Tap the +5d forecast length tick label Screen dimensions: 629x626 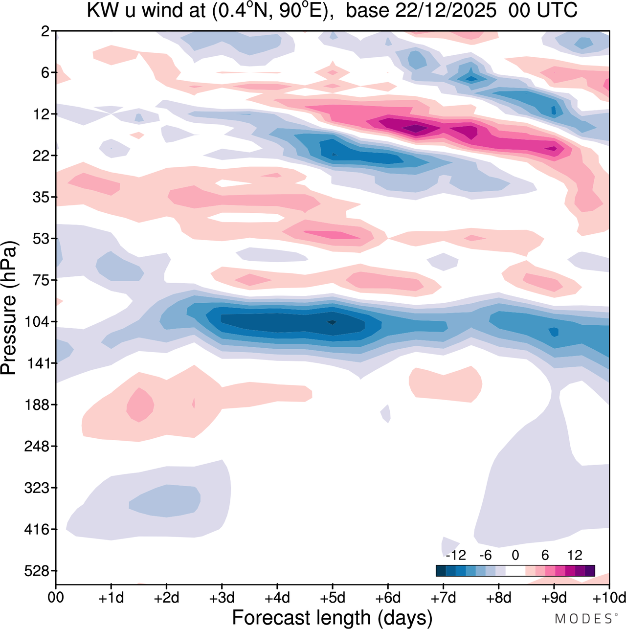pyautogui.click(x=333, y=598)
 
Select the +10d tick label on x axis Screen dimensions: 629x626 pyautogui.click(x=609, y=598)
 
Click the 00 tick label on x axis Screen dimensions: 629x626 pyautogui.click(x=56, y=598)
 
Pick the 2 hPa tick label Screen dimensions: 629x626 pyautogui.click(x=46, y=31)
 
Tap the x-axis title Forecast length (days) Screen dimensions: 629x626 pyautogui.click(x=332, y=617)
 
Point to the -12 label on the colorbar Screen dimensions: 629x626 pyautogui.click(x=455, y=555)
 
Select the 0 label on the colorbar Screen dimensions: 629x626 pyautogui.click(x=515, y=555)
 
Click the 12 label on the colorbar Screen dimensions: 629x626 pyautogui.click(x=575, y=555)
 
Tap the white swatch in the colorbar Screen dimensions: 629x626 pyautogui.click(x=515, y=570)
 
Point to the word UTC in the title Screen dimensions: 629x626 pyautogui.click(x=557, y=10)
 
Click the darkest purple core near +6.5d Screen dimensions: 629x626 pyautogui.click(x=415, y=128)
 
